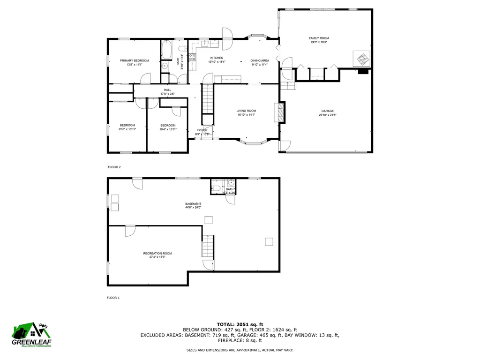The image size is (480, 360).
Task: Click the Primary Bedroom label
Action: pos(134,60)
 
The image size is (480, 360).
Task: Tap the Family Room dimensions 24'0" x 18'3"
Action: pos(319,42)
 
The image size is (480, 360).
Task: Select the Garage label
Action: pos(328,111)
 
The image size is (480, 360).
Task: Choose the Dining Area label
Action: pos(259,60)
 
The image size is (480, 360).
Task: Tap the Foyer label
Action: pos(202,130)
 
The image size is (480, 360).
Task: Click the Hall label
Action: pos(167,90)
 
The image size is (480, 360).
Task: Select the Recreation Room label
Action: pos(157,253)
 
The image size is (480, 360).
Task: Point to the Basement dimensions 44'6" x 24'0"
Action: pos(193,208)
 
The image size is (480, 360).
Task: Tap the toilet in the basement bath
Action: pos(216,188)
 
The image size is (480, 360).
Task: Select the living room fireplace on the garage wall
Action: pos(280,112)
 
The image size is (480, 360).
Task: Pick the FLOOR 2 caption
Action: pos(114,167)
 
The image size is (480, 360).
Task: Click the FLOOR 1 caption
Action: pos(113,298)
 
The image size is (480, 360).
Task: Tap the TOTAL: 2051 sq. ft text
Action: pos(240,324)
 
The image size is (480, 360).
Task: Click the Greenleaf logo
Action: pos(32,336)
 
